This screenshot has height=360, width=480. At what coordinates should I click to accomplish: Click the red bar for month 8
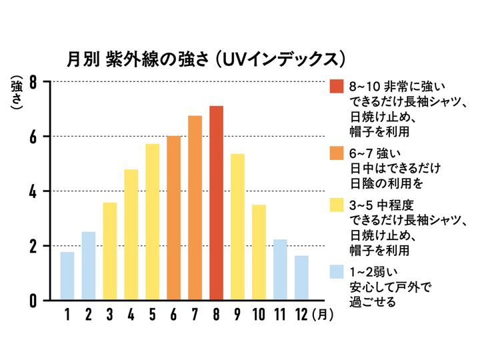point(216,203)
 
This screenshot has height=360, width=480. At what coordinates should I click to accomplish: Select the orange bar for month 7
point(195,208)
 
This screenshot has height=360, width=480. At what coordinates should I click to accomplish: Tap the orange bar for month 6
point(173,218)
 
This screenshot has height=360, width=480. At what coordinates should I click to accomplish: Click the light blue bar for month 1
point(67,276)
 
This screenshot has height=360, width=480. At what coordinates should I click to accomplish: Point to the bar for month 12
point(301,278)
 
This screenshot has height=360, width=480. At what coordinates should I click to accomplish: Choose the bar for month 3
point(109,251)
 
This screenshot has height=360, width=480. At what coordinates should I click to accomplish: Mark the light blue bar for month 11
point(280,269)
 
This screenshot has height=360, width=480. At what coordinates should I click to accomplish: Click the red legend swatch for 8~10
point(336,87)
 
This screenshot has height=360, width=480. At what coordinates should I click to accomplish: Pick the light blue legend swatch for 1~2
point(336,272)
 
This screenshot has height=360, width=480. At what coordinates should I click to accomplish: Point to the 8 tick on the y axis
point(32,82)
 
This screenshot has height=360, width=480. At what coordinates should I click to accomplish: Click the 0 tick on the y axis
point(32,301)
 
